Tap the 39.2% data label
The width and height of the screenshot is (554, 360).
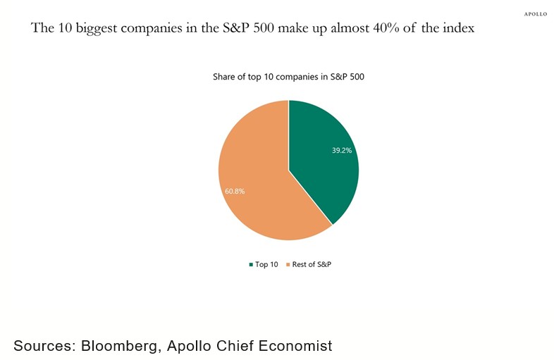[342, 150]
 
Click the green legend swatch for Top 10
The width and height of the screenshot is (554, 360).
[251, 264]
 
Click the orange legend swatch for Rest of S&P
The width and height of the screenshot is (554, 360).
[288, 264]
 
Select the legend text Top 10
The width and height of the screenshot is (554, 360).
[266, 264]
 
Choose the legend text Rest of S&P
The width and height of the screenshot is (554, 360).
[312, 264]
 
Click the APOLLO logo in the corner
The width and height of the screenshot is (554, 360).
[536, 14]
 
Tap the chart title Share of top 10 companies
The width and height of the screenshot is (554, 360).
[288, 77]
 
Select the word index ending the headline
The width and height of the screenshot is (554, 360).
[458, 29]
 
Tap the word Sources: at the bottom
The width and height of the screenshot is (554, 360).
[44, 346]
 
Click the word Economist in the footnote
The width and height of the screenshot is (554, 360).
[295, 346]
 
